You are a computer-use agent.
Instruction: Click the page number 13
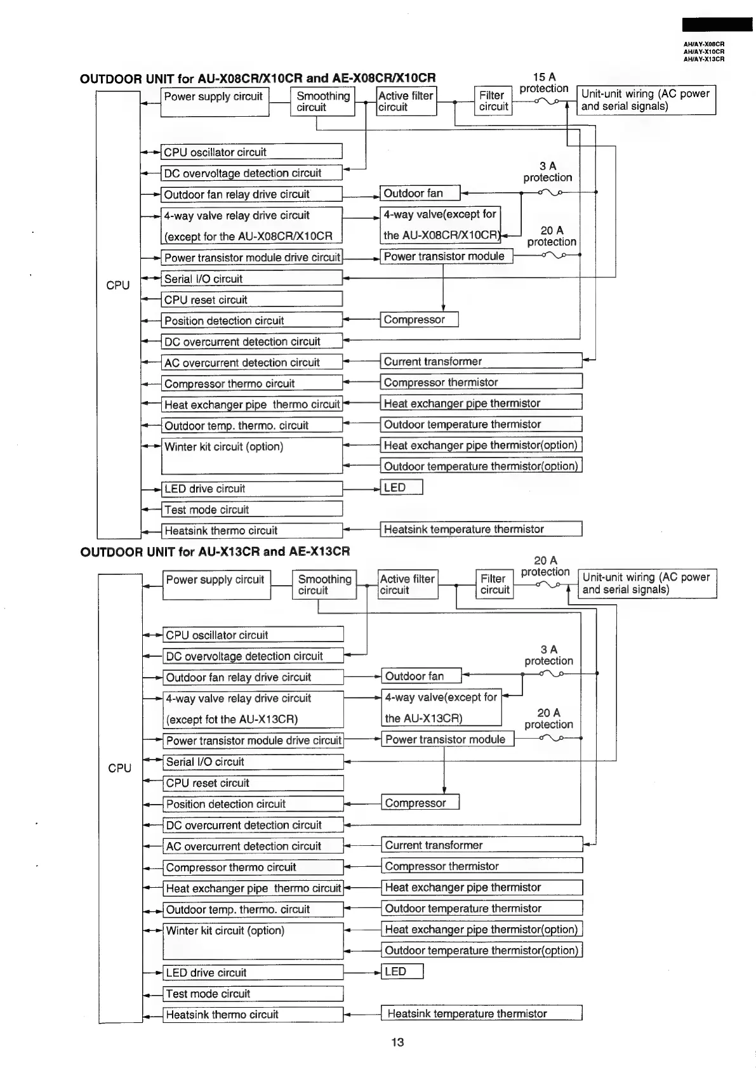397,1042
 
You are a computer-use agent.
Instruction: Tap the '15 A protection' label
543,82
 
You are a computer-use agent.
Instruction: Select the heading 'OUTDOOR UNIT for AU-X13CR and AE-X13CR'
215,551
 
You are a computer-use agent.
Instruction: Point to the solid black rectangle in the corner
717,25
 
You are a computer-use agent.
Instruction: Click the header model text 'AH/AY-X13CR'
703,59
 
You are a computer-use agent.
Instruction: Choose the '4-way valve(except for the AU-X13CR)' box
441,708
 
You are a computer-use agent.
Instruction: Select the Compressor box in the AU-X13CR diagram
420,803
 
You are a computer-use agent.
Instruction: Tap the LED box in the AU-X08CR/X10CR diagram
401,487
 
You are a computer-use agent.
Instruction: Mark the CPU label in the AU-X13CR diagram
119,768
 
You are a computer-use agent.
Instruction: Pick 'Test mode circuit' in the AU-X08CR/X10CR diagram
251,510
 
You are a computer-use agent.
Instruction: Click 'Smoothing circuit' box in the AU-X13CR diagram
324,584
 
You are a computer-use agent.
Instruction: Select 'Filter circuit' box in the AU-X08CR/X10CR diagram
493,101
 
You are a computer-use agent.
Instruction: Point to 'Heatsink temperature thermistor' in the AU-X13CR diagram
481,1013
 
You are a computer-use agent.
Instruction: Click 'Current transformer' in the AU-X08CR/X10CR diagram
481,361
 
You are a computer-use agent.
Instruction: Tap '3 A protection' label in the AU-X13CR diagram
548,655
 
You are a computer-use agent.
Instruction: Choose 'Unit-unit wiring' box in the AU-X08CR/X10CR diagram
646,100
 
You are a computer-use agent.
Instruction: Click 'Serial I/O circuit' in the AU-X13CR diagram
253,761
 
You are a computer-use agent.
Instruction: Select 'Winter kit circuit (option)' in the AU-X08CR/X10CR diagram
251,455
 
